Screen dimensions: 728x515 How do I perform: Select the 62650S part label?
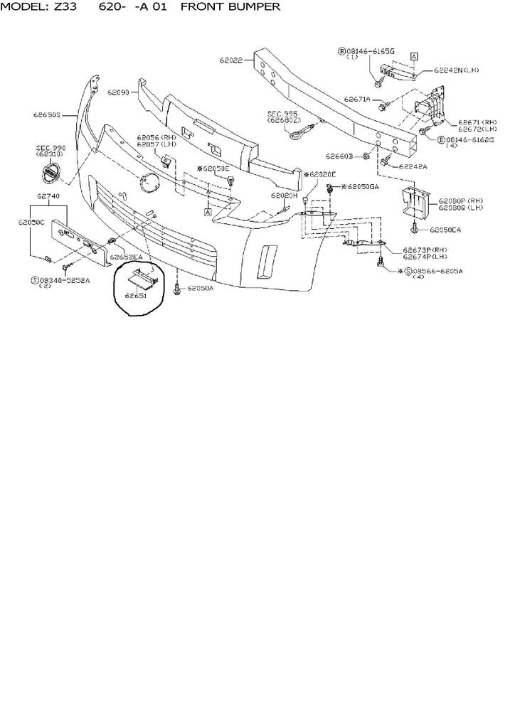tap(46, 114)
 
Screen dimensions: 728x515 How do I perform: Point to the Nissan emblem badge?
tap(49, 173)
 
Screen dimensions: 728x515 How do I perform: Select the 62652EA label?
tap(127, 257)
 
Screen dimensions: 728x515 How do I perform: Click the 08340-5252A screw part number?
tap(65, 280)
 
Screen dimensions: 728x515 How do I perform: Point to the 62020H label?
tap(283, 195)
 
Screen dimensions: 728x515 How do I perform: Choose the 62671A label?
tap(357, 100)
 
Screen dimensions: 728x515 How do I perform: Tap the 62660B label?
tap(340, 156)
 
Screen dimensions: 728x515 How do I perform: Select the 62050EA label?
tap(445, 230)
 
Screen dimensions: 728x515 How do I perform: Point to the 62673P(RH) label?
tap(425, 250)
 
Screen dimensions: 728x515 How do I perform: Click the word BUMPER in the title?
tap(249, 6)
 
